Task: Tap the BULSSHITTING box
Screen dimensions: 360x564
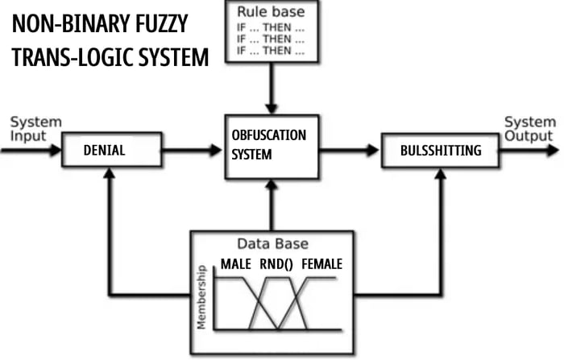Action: pos(442,151)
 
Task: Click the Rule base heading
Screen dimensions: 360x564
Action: pos(272,13)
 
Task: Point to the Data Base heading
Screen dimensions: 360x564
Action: pos(272,243)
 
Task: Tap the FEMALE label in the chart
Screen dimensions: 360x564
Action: pos(322,264)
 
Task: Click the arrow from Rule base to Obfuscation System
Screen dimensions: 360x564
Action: pos(272,89)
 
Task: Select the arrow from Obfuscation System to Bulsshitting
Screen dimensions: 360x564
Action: pos(348,150)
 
